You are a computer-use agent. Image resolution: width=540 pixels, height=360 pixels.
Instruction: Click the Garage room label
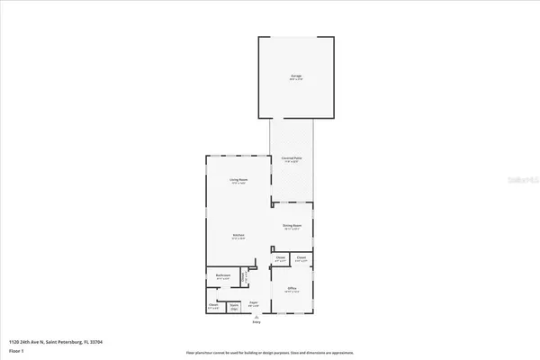pyautogui.click(x=295, y=76)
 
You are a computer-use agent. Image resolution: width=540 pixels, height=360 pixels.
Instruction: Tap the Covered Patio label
pyautogui.click(x=292, y=157)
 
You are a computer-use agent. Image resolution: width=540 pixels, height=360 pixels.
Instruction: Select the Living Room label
pyautogui.click(x=238, y=181)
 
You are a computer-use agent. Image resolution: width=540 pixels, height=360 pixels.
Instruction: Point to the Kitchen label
pyautogui.click(x=238, y=238)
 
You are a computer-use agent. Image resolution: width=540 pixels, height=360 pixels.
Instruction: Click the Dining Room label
pyautogui.click(x=292, y=226)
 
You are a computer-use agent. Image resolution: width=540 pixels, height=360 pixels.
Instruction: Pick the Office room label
pyautogui.click(x=292, y=288)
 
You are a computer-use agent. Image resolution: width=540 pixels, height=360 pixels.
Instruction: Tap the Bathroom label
pyautogui.click(x=223, y=275)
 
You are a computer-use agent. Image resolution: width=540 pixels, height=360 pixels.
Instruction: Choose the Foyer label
pyautogui.click(x=255, y=304)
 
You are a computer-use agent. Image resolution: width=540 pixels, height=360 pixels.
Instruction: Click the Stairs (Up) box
pyautogui.click(x=234, y=307)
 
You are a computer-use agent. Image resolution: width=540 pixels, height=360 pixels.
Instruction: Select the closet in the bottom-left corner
pyautogui.click(x=214, y=307)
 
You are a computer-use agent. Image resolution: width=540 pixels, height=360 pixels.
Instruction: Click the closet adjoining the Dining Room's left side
pyautogui.click(x=280, y=259)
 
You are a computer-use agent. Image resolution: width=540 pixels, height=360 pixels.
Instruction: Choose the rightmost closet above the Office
pyautogui.click(x=301, y=259)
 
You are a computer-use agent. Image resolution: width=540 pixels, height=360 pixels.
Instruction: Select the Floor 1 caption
pyautogui.click(x=16, y=352)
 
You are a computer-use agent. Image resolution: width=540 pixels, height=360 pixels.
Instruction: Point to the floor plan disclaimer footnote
pyautogui.click(x=269, y=352)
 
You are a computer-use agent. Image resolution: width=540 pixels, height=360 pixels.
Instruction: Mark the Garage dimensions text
pyautogui.click(x=295, y=80)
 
